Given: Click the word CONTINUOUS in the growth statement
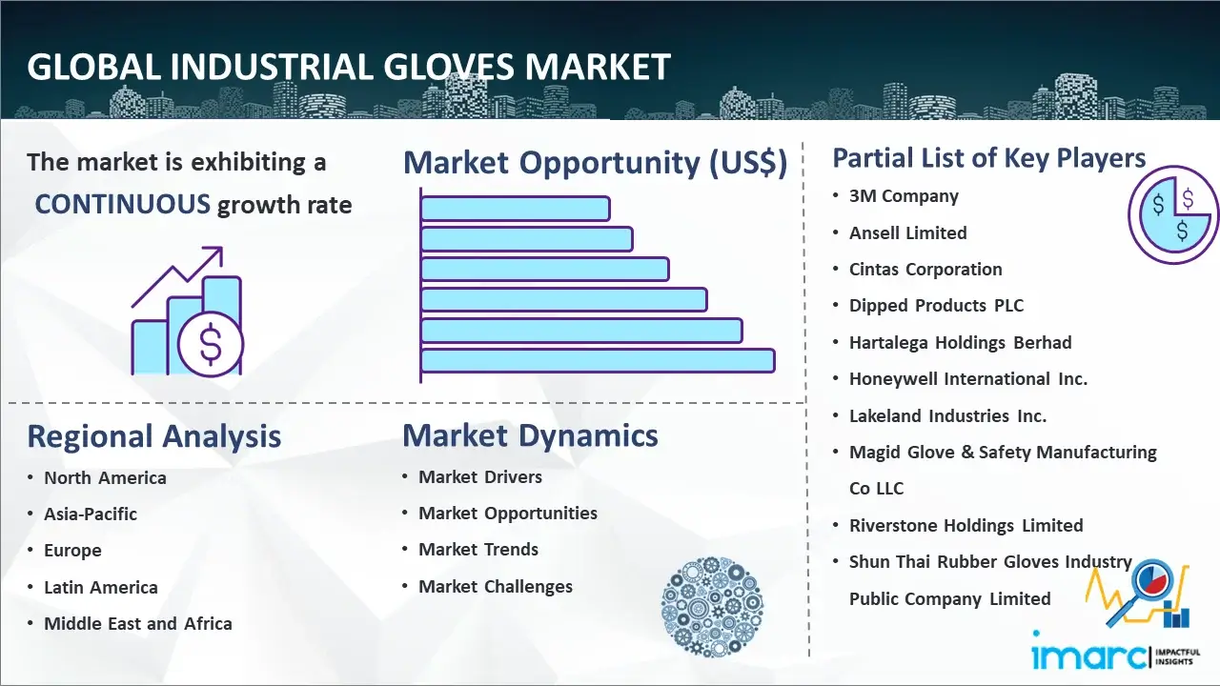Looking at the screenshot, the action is pos(123,205).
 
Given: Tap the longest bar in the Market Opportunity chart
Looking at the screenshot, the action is pos(598,361).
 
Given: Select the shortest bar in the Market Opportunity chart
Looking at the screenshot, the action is pos(515,209).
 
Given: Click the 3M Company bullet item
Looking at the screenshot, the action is pos(904,196).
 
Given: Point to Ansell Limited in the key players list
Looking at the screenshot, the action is pos(908,233).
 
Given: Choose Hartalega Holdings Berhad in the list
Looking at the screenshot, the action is pos(960,342).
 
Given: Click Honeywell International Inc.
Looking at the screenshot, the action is pos(967,379).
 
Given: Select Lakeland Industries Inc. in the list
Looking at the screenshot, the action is pos(947,416).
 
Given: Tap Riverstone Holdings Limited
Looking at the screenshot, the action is pos(966,525).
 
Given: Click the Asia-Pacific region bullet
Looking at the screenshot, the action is pos(91,514).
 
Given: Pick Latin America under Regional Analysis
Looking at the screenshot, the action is pos(101,588).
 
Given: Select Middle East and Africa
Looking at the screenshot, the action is pos(138,624).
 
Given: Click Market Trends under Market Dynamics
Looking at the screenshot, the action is pos(478,550).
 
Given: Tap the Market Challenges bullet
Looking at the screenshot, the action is pos(495,586).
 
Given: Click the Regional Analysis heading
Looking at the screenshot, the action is pos(154,436).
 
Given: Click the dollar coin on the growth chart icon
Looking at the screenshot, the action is pos(211,345).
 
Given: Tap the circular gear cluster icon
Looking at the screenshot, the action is pos(712,606).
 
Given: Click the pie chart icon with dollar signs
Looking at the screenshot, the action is pos(1173,214).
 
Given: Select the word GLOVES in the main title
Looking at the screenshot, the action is pos(449,67).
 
